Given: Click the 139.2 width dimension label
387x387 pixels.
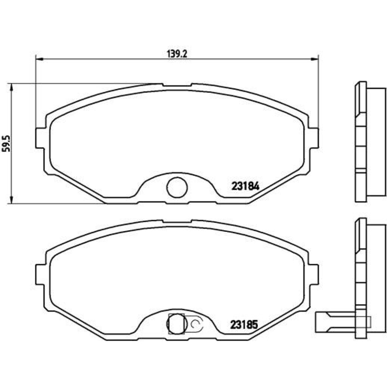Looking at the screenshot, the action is coord(177,54).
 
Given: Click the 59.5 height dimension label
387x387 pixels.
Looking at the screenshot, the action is coord(7,144).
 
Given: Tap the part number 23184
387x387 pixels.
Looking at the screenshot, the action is coord(245,187).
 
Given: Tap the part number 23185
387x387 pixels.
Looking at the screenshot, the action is coord(244,325).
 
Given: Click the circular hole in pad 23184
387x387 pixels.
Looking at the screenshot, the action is coord(177,187).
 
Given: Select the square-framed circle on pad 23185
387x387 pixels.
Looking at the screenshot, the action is coord(176,324).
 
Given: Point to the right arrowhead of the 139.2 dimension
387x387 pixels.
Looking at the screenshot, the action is coord(314,59).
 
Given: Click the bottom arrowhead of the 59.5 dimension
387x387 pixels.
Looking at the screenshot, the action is coord(11,200).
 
